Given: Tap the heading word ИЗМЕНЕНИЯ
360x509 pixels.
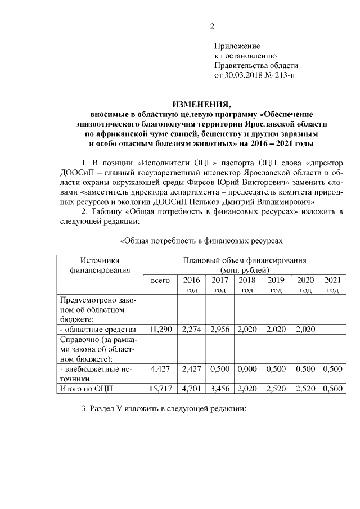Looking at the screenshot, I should (201, 105).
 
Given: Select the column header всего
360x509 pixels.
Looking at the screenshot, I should (161, 280).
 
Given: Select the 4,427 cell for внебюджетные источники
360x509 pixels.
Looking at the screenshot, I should (161, 368).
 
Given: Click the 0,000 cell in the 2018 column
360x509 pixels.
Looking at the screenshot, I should (247, 368).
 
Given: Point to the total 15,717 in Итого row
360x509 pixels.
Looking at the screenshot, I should (161, 388).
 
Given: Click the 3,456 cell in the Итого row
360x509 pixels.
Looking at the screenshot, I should (219, 388).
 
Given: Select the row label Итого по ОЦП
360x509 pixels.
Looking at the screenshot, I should (84, 388).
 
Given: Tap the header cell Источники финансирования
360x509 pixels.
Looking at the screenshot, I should (100, 265).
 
